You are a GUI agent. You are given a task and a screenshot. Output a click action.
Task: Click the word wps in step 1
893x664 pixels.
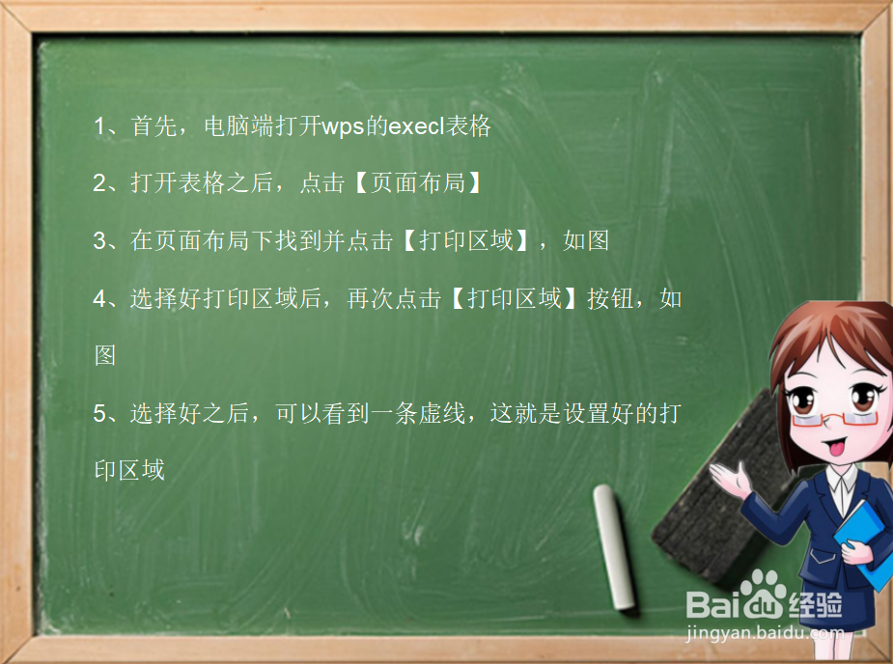tap(342, 126)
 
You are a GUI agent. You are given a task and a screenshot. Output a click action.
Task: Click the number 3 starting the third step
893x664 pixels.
tap(99, 240)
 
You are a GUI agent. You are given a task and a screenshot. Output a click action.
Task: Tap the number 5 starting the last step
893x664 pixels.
tap(99, 413)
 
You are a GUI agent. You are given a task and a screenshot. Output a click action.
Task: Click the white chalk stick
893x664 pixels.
tap(614, 547)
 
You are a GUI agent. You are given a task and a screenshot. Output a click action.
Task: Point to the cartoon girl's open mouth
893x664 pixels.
tap(833, 447)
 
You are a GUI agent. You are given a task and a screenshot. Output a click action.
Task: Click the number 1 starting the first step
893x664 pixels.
tap(99, 126)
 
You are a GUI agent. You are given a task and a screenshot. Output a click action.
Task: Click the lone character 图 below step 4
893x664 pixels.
tap(105, 355)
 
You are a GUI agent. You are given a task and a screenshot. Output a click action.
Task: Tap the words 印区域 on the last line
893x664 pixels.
tap(129, 470)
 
